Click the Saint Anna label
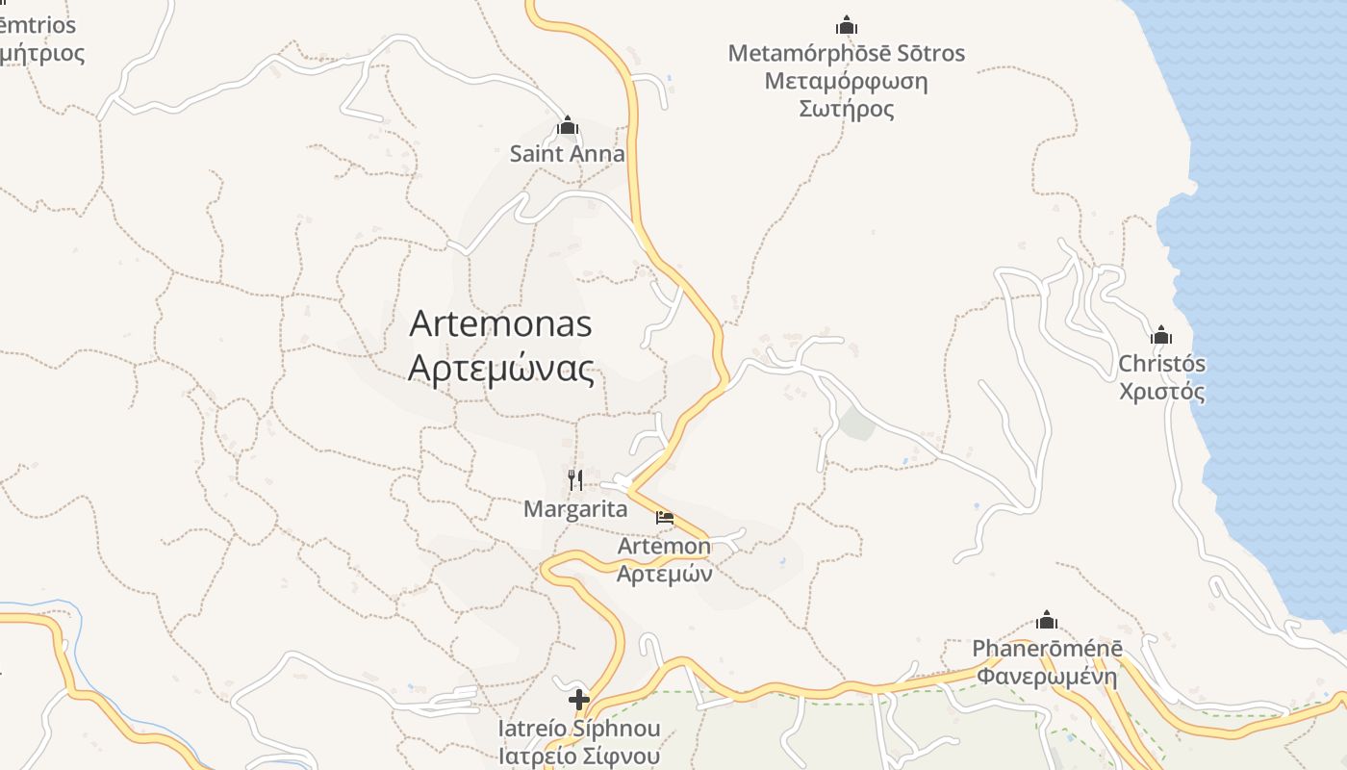[x=567, y=154]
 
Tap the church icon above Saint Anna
[x=568, y=126]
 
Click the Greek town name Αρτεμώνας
[x=501, y=369]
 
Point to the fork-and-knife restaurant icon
[x=575, y=479]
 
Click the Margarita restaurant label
[x=575, y=509]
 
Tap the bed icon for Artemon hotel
[x=664, y=518]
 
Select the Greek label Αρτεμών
[x=664, y=575]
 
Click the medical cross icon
[x=579, y=700]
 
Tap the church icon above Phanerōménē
[x=1047, y=620]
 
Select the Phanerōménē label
[x=1047, y=649]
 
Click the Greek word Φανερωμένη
[x=1047, y=676]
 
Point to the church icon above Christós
[x=1161, y=336]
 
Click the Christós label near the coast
[x=1161, y=365]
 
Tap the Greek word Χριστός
[x=1161, y=392]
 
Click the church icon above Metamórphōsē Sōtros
[x=847, y=25]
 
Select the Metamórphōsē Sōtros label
[x=847, y=53]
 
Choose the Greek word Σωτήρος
[x=847, y=109]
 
